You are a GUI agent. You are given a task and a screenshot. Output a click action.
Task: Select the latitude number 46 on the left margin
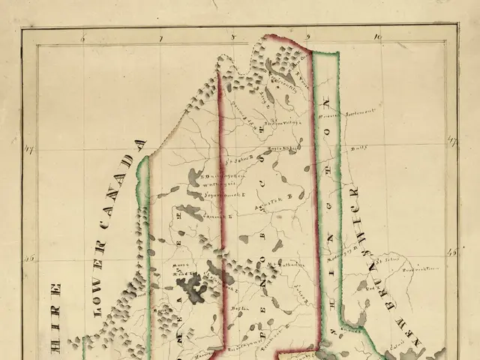click(30, 258)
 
